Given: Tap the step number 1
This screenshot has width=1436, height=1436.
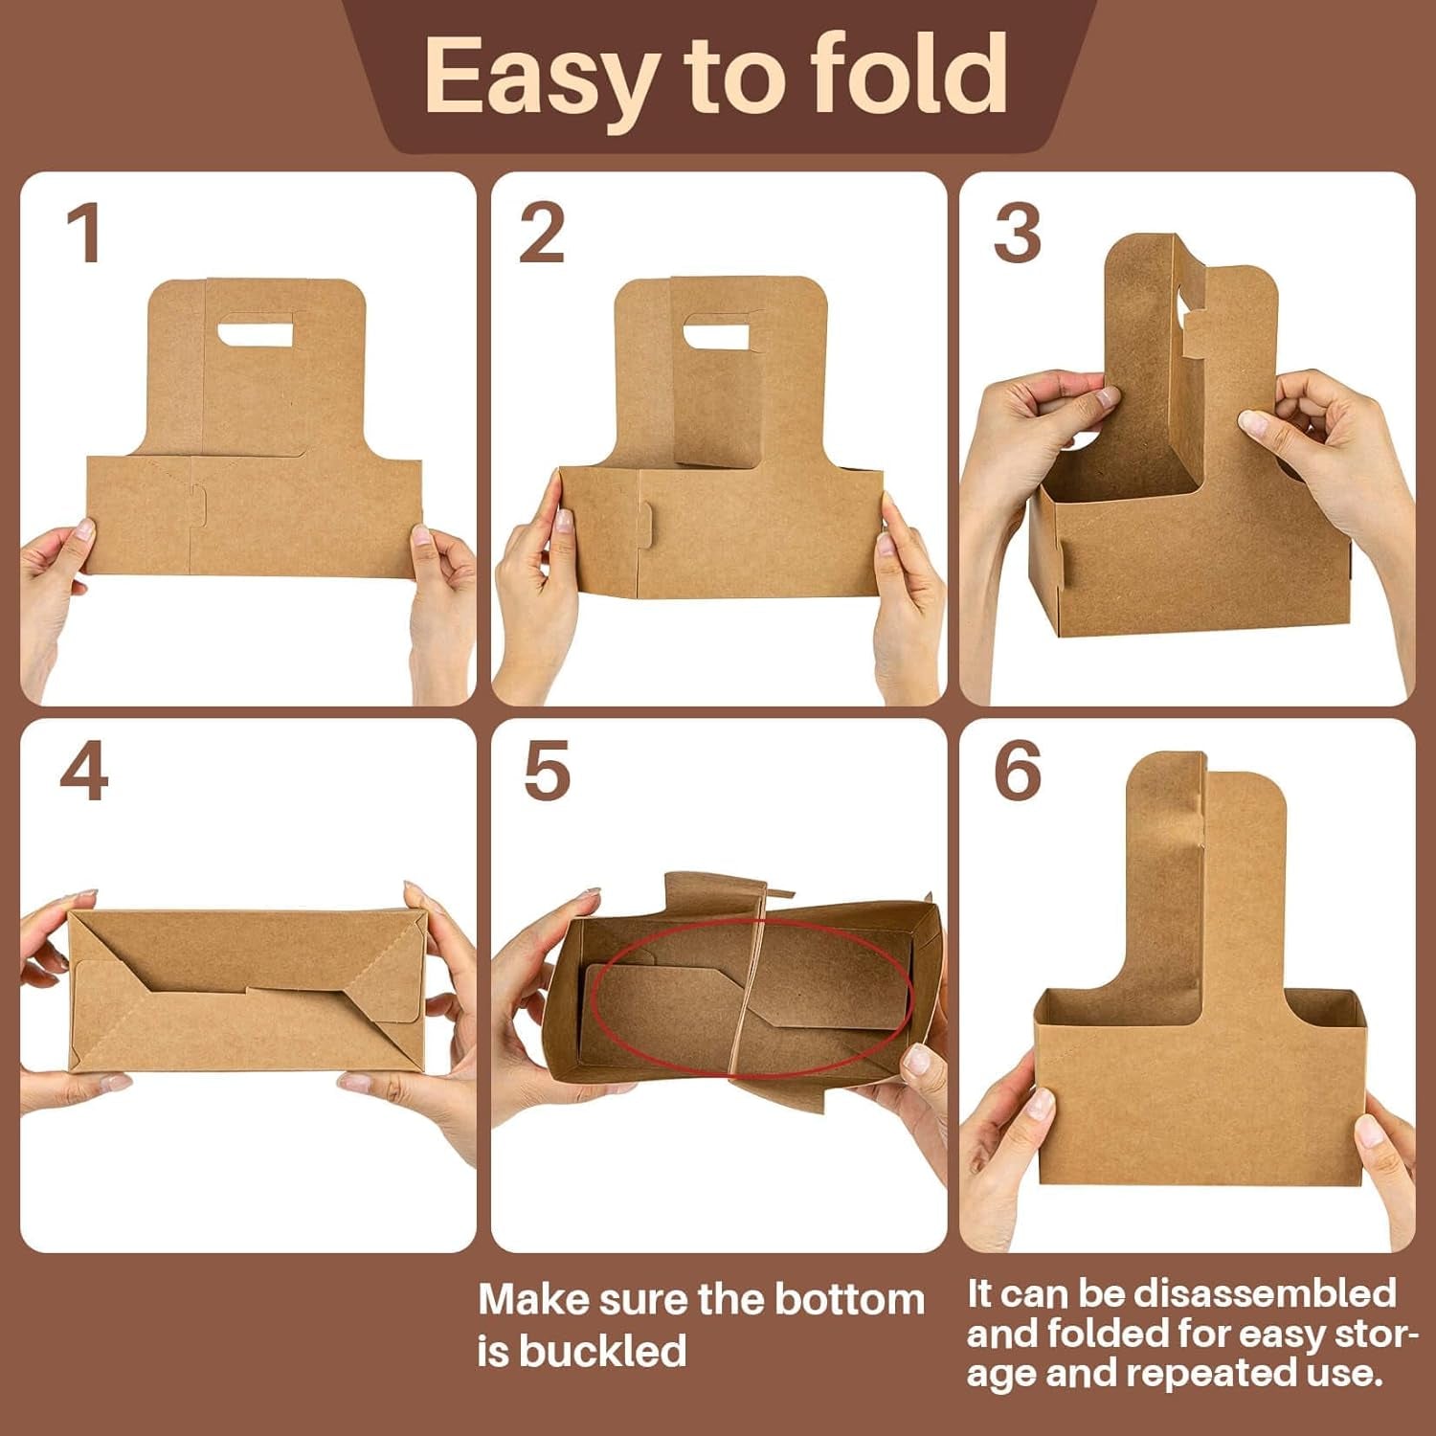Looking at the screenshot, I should tap(85, 235).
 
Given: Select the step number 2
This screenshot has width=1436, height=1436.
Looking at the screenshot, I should tap(541, 235).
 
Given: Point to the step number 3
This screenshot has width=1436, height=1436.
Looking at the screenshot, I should tap(1016, 235).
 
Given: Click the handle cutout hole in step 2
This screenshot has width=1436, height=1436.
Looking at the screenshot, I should tap(716, 331).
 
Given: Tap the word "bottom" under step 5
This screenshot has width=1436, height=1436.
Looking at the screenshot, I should tap(849, 1300).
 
